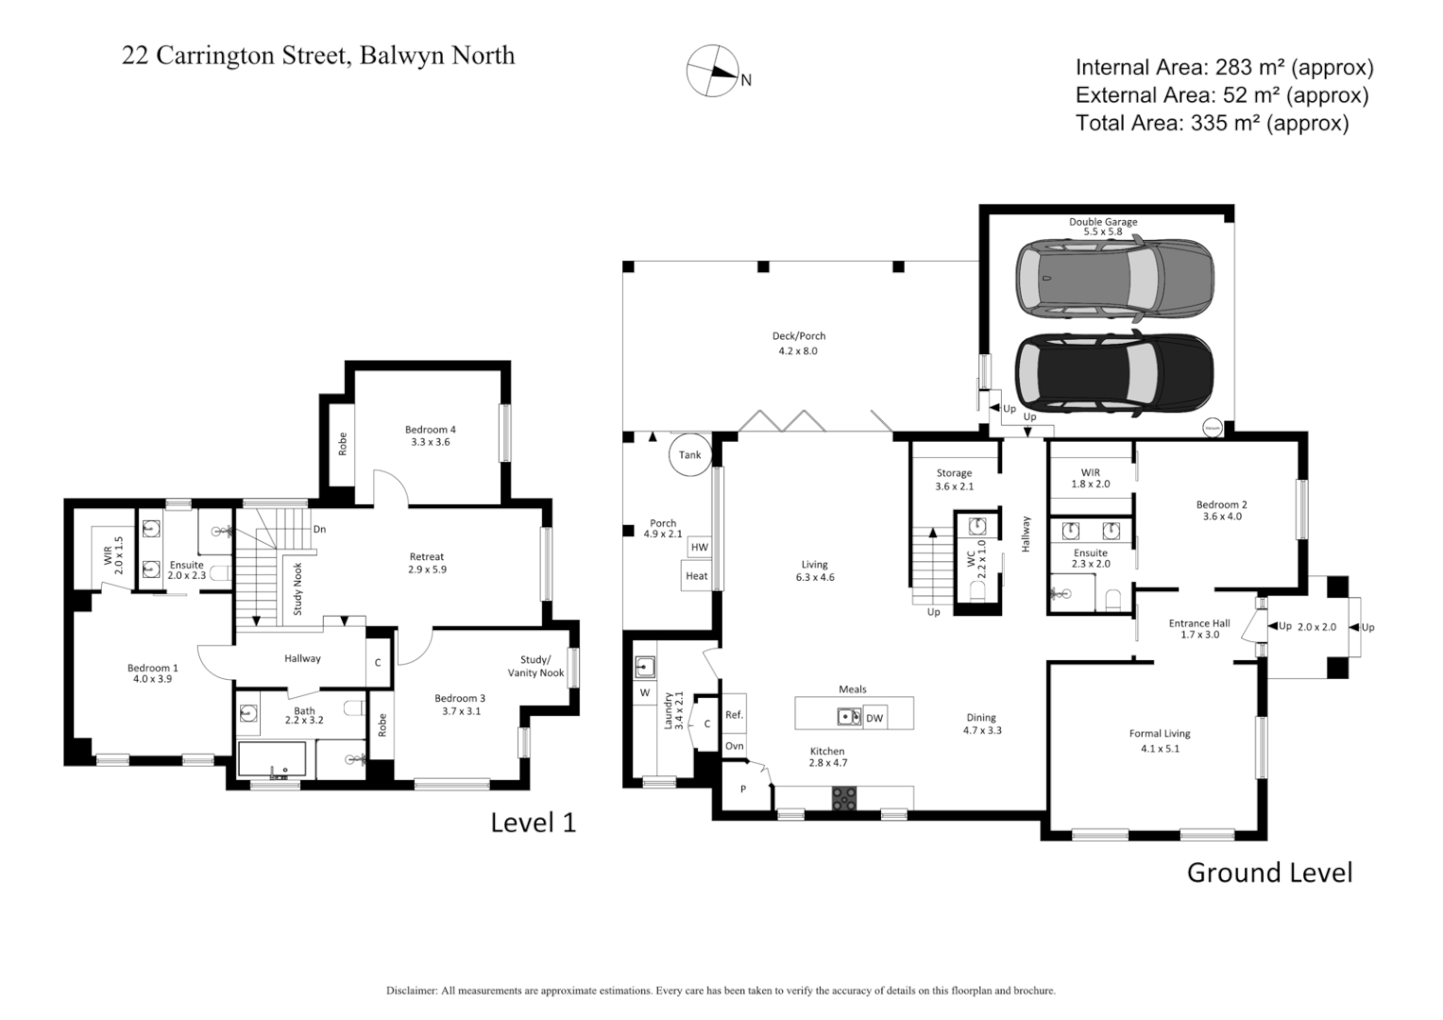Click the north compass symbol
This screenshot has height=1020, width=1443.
713,71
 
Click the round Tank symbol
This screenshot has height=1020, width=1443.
690,454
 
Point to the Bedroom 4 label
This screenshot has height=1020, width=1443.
430,435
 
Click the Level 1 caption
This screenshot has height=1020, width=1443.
533,823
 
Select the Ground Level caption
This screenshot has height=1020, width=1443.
1268,872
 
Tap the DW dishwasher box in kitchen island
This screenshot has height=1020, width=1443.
874,718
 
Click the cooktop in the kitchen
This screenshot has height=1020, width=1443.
843,798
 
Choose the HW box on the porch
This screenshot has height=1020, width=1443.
699,547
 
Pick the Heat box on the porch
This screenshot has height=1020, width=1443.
696,575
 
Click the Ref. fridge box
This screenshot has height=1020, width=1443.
734,715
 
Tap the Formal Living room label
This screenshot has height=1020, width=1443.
1160,740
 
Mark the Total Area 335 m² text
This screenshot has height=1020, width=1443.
1212,123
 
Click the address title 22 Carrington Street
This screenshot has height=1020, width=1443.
318,56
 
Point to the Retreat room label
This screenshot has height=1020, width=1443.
427,563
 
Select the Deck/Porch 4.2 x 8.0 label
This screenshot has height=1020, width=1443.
798,343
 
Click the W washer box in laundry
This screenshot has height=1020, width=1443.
645,692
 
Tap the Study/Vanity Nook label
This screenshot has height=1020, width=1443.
541,666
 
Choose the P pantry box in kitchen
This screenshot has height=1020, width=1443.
743,789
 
